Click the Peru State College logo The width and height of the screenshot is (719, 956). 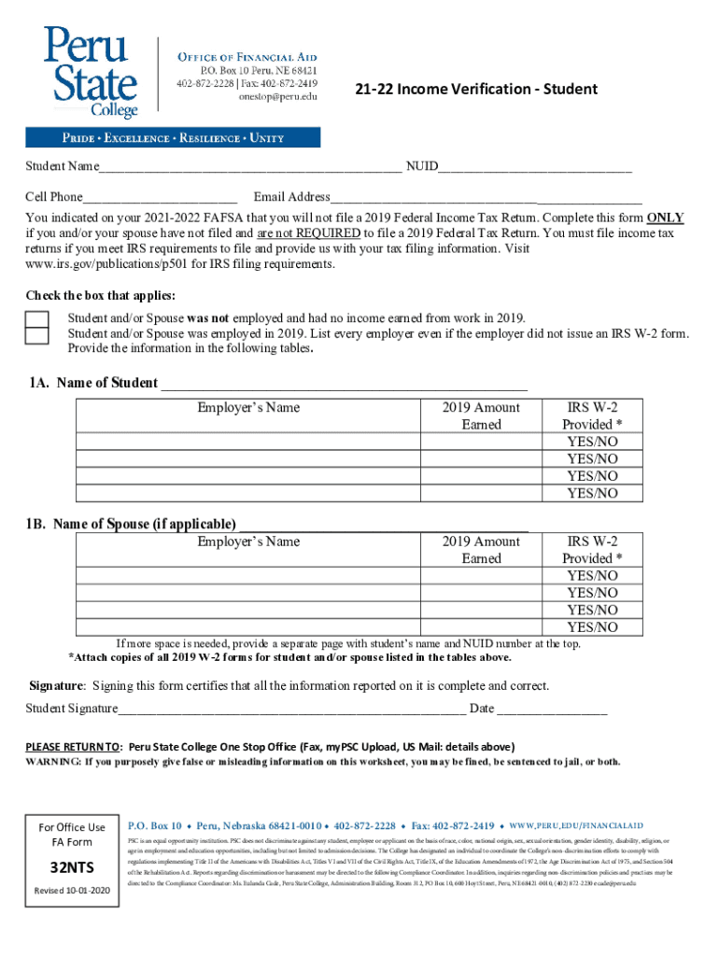pyautogui.click(x=90, y=71)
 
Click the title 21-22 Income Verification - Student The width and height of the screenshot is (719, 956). pyautogui.click(x=476, y=90)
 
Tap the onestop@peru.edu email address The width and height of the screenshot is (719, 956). pyautogui.click(x=277, y=96)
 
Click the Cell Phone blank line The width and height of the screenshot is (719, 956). pyautogui.click(x=160, y=198)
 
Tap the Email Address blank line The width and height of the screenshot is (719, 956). pyautogui.click(x=486, y=198)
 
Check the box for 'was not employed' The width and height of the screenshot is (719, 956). pyautogui.click(x=37, y=318)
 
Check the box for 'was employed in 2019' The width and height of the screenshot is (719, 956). pyautogui.click(x=37, y=334)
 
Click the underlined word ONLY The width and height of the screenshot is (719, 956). pyautogui.click(x=665, y=218)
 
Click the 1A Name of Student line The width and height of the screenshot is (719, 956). pyautogui.click(x=345, y=384)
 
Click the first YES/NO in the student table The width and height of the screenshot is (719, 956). pyautogui.click(x=592, y=442)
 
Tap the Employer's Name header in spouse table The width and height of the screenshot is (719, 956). pyautogui.click(x=248, y=541)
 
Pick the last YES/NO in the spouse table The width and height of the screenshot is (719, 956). pyautogui.click(x=592, y=627)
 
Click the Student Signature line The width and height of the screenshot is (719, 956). pyautogui.click(x=291, y=709)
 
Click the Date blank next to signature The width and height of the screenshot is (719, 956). pyautogui.click(x=552, y=709)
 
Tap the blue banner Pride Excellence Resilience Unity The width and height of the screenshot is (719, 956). pyautogui.click(x=173, y=138)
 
